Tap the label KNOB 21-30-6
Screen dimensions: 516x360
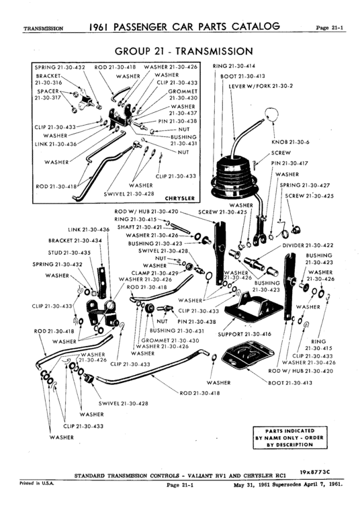tap(289, 142)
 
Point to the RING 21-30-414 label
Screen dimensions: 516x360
tap(234, 67)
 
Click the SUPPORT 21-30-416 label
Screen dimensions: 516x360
tap(244, 334)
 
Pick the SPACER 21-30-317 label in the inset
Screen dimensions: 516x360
tap(46, 93)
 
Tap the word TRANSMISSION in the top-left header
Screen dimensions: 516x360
tap(43, 29)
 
